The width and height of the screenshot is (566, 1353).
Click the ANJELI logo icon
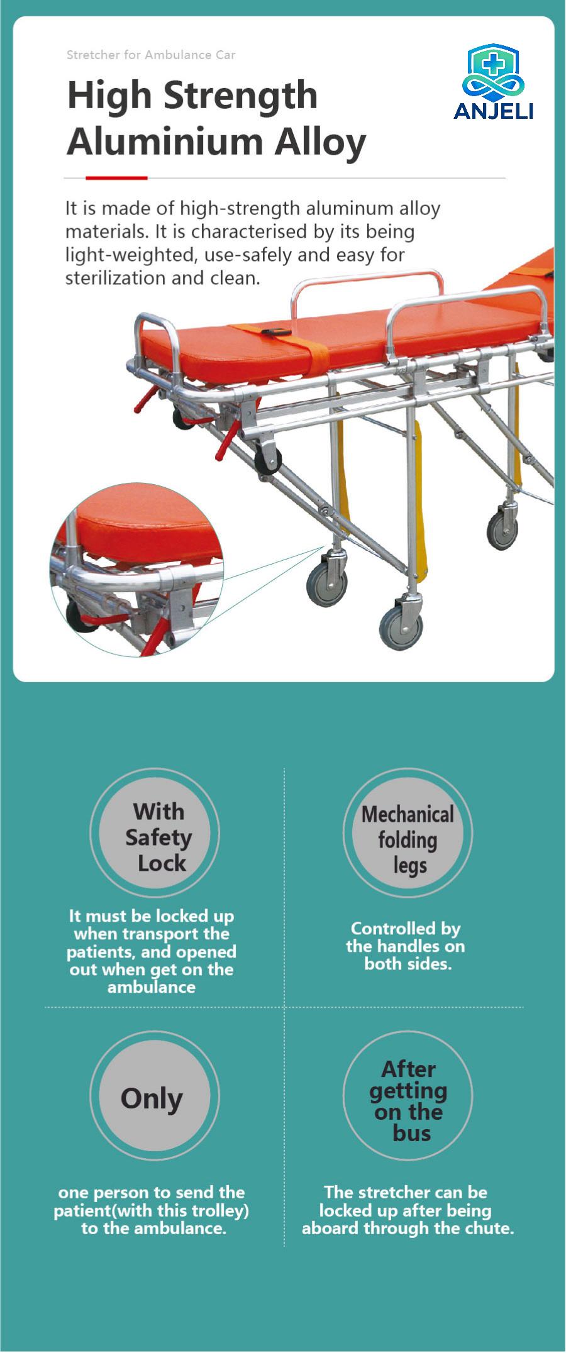tap(493, 71)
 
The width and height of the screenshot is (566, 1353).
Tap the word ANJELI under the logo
tap(493, 111)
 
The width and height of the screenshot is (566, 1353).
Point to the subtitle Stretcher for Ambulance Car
tap(151, 55)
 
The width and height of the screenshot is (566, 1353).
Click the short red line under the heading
tap(116, 178)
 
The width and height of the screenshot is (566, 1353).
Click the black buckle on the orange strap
tap(275, 334)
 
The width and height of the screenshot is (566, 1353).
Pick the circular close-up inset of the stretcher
tap(137, 570)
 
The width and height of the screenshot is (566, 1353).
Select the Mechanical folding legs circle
tap(408, 833)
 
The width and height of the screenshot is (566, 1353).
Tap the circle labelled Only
tap(155, 1096)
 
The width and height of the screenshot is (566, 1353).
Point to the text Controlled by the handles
tap(406, 937)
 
